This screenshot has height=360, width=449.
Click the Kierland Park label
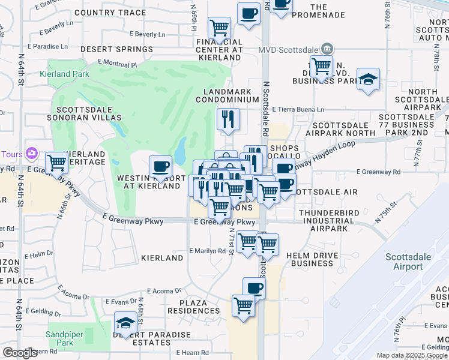[x=64, y=74]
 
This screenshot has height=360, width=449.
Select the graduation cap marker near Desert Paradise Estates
[x=125, y=324]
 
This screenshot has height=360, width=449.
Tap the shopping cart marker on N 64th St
[x=56, y=163]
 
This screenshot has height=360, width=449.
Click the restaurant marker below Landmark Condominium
[x=228, y=119]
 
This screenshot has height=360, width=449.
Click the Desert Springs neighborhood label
[x=116, y=49]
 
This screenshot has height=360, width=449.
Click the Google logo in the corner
[x=20, y=353]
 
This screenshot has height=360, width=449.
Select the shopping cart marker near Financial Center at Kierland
[x=219, y=27]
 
